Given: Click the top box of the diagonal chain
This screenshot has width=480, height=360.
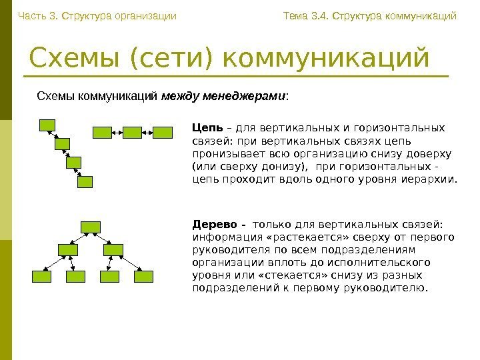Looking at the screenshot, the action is [48, 125].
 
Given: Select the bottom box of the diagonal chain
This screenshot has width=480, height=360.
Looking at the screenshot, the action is [85, 181].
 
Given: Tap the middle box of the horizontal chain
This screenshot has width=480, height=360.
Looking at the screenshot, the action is [131, 133].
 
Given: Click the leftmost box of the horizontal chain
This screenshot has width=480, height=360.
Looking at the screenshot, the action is [100, 133].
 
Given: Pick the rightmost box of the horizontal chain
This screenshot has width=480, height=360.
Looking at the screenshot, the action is [163, 133].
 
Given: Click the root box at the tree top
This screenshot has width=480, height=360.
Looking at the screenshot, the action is [89, 227].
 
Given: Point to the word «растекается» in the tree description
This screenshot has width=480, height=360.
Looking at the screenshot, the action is [293, 237].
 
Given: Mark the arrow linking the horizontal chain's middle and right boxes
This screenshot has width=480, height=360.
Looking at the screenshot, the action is [147, 133].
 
